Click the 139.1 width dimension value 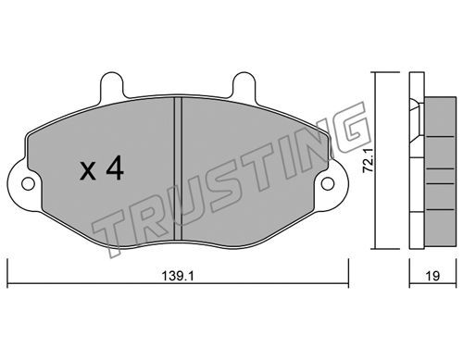pos(178,276)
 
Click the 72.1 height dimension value pos(369,160)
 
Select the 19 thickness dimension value pos(432,276)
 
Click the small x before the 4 pos(88,172)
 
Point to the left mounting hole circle pos(28,184)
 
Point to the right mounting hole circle pos(328,184)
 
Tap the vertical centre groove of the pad pos(178,168)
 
